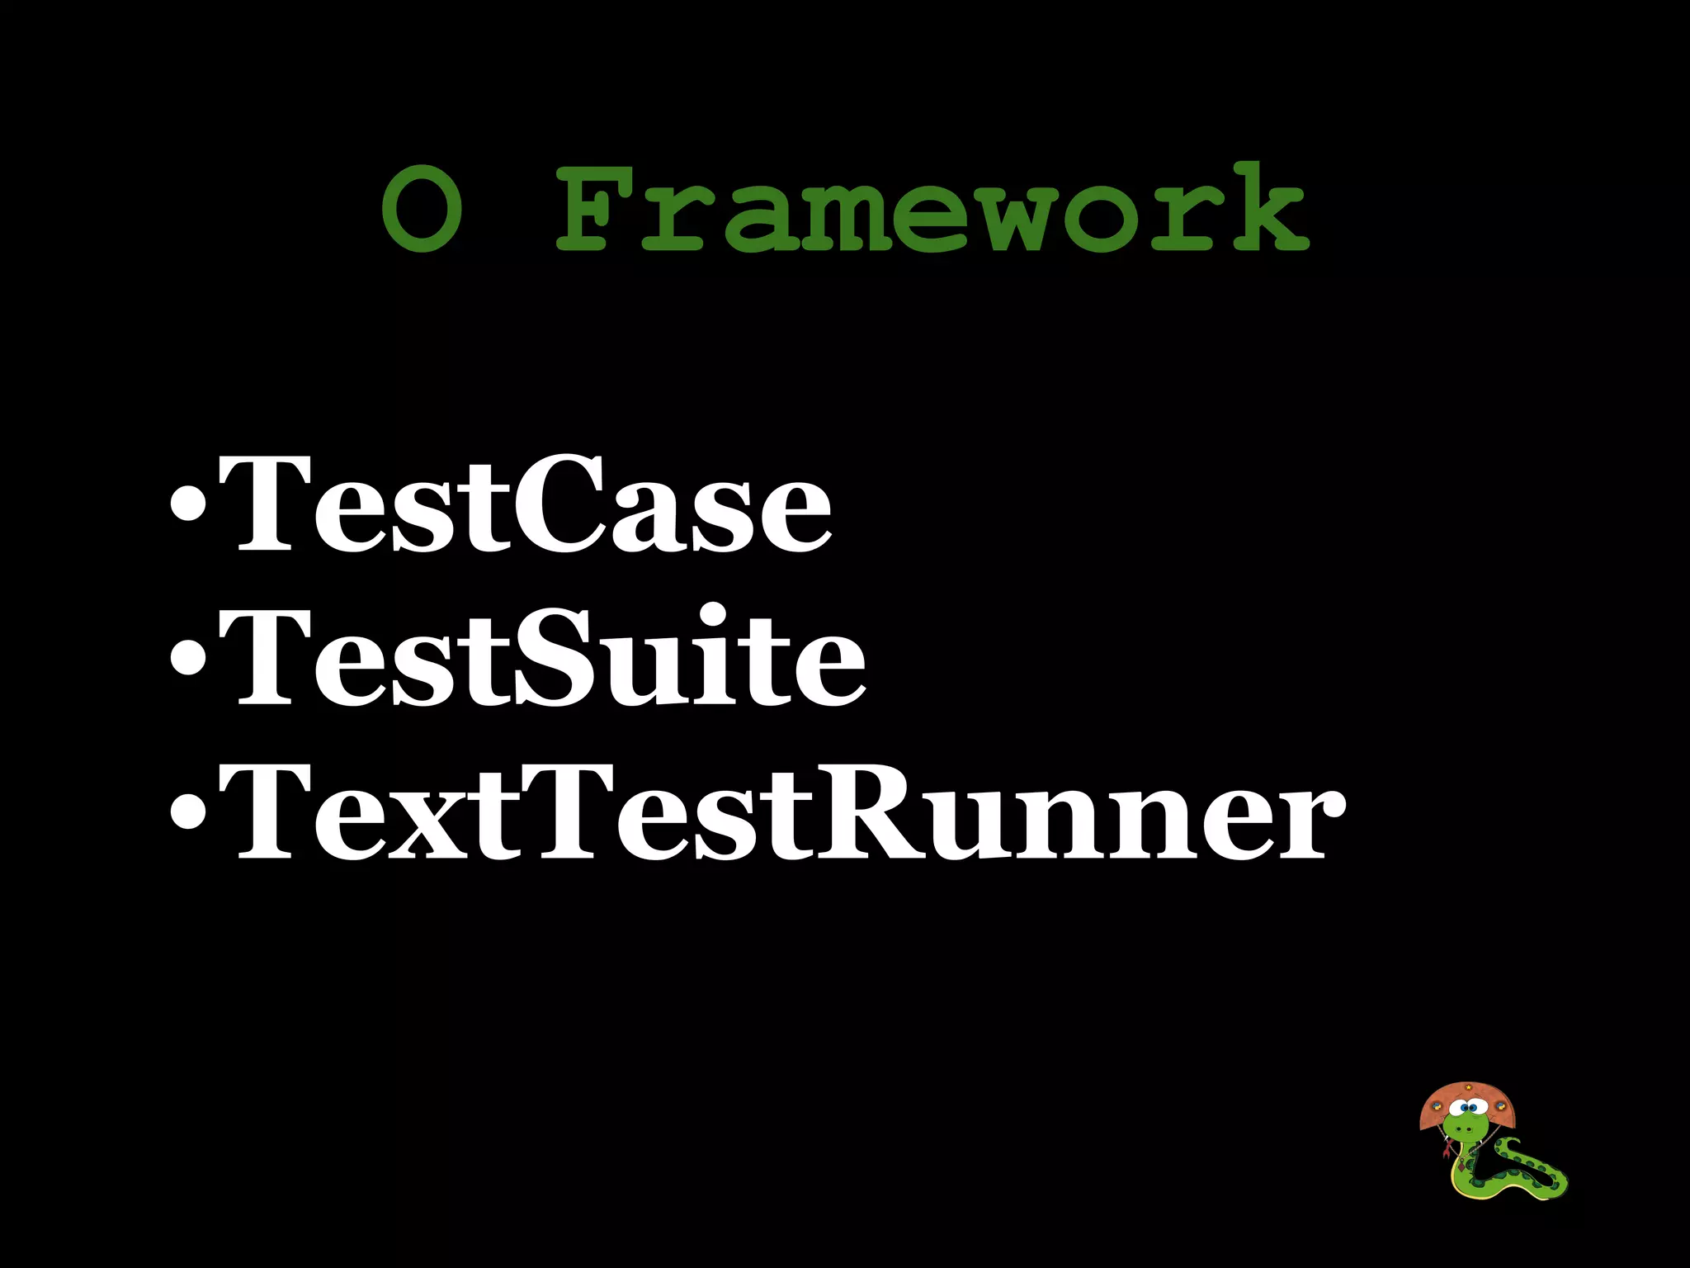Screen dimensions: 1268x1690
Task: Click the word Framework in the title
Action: point(932,208)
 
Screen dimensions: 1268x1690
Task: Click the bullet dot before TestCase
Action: point(188,506)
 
